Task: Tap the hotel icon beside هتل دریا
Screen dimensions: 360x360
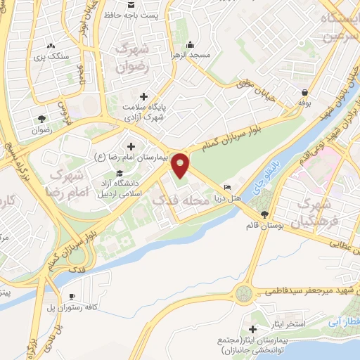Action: click(226, 187)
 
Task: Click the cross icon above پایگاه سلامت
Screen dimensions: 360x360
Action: click(144, 96)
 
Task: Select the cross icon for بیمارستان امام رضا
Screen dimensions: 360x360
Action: click(131, 146)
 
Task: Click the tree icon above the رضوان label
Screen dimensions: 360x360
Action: click(41, 118)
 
